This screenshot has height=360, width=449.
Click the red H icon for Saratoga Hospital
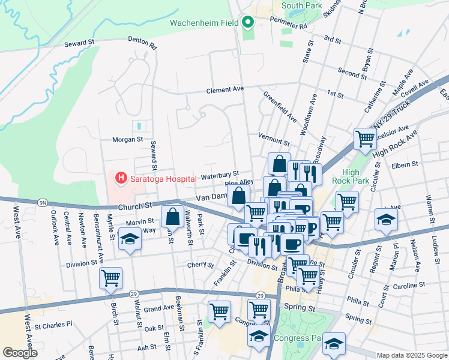(x=121, y=178)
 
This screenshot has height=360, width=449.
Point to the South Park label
(x=301, y=6)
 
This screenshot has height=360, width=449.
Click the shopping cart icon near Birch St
(x=110, y=278)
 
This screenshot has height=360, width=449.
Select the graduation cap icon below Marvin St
(x=129, y=240)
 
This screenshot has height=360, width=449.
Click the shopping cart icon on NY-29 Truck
(x=365, y=139)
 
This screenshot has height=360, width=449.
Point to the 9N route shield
(x=43, y=203)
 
